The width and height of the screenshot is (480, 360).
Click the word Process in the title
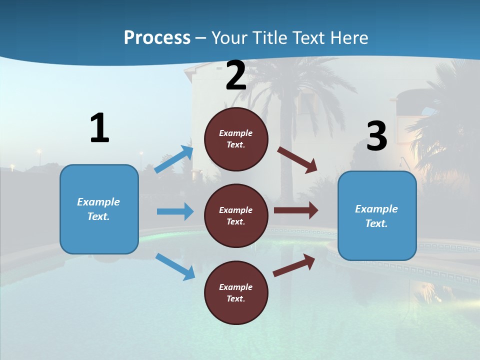(157, 38)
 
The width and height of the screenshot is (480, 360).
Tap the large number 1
(99, 128)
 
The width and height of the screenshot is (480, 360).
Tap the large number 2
(236, 76)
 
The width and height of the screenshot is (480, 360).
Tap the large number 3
(376, 136)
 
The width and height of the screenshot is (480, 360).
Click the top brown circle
(236, 139)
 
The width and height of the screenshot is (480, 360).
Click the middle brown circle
(236, 215)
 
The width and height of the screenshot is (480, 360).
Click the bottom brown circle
(236, 292)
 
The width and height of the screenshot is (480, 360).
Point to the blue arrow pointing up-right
(173, 159)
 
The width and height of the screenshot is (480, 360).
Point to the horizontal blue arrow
(175, 211)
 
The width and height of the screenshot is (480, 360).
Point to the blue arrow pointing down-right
(175, 266)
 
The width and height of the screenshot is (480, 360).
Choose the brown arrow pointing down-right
(297, 160)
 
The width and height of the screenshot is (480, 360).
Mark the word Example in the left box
(98, 202)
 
